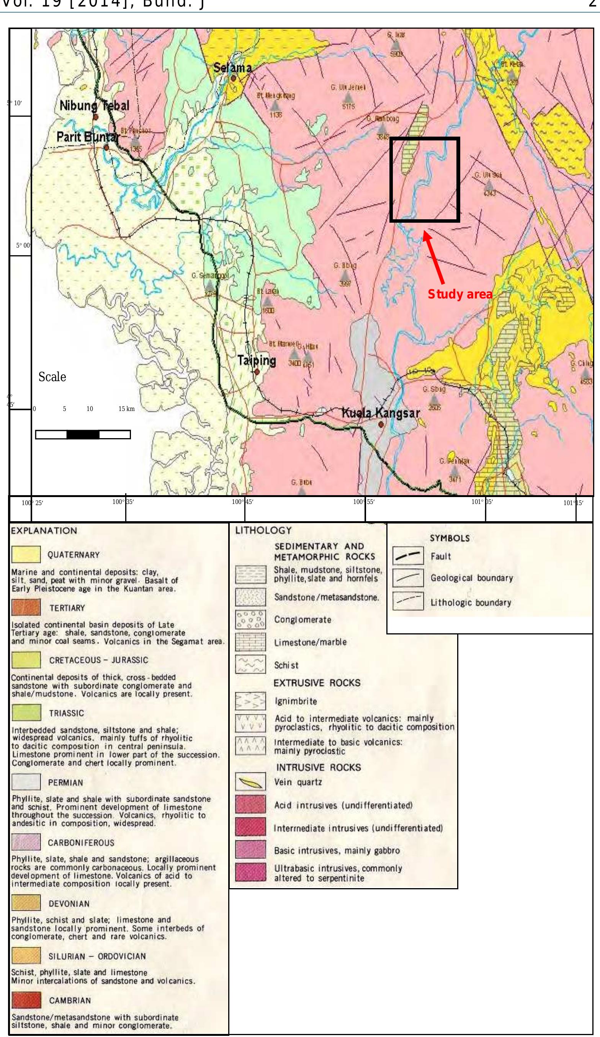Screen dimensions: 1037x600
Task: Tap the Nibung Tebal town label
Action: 94,106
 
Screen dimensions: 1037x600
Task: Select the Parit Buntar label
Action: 86,137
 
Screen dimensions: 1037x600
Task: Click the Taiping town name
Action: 256,360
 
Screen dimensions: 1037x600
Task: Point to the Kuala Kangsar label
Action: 381,413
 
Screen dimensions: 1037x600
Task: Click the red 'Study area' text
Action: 460,294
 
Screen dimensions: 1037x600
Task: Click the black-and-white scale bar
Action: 83,435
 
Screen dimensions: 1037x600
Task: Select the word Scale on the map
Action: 52,377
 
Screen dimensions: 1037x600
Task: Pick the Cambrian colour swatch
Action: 26,1000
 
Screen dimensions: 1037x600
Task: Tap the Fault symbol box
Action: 408,557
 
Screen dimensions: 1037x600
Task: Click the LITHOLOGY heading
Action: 263,531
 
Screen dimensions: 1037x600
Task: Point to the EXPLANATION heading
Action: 44,531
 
